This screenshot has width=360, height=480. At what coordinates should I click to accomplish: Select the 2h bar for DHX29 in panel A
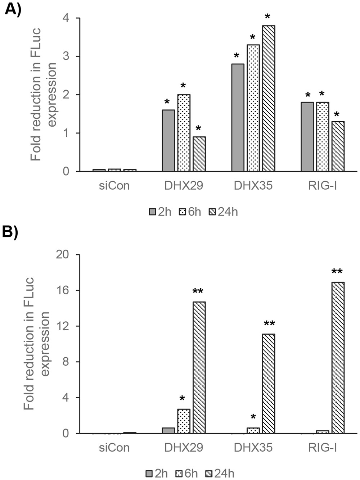[x=168, y=140]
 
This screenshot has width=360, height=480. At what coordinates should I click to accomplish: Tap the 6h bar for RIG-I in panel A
[x=323, y=137]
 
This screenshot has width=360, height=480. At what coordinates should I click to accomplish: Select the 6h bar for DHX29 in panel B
[x=184, y=421]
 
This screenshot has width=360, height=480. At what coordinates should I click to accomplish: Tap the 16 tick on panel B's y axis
[x=63, y=290]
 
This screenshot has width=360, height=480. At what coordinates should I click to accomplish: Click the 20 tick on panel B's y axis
[x=63, y=255]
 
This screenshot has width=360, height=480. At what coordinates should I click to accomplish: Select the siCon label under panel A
[x=114, y=186]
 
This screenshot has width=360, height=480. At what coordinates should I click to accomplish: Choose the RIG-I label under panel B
[x=323, y=447]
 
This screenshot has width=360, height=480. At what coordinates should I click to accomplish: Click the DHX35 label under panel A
[x=253, y=186]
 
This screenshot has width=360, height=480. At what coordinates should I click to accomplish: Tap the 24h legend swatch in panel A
[x=212, y=212]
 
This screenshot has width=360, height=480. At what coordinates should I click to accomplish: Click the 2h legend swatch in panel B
[x=150, y=474]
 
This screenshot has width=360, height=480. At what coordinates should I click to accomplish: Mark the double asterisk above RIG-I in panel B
[x=337, y=272]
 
